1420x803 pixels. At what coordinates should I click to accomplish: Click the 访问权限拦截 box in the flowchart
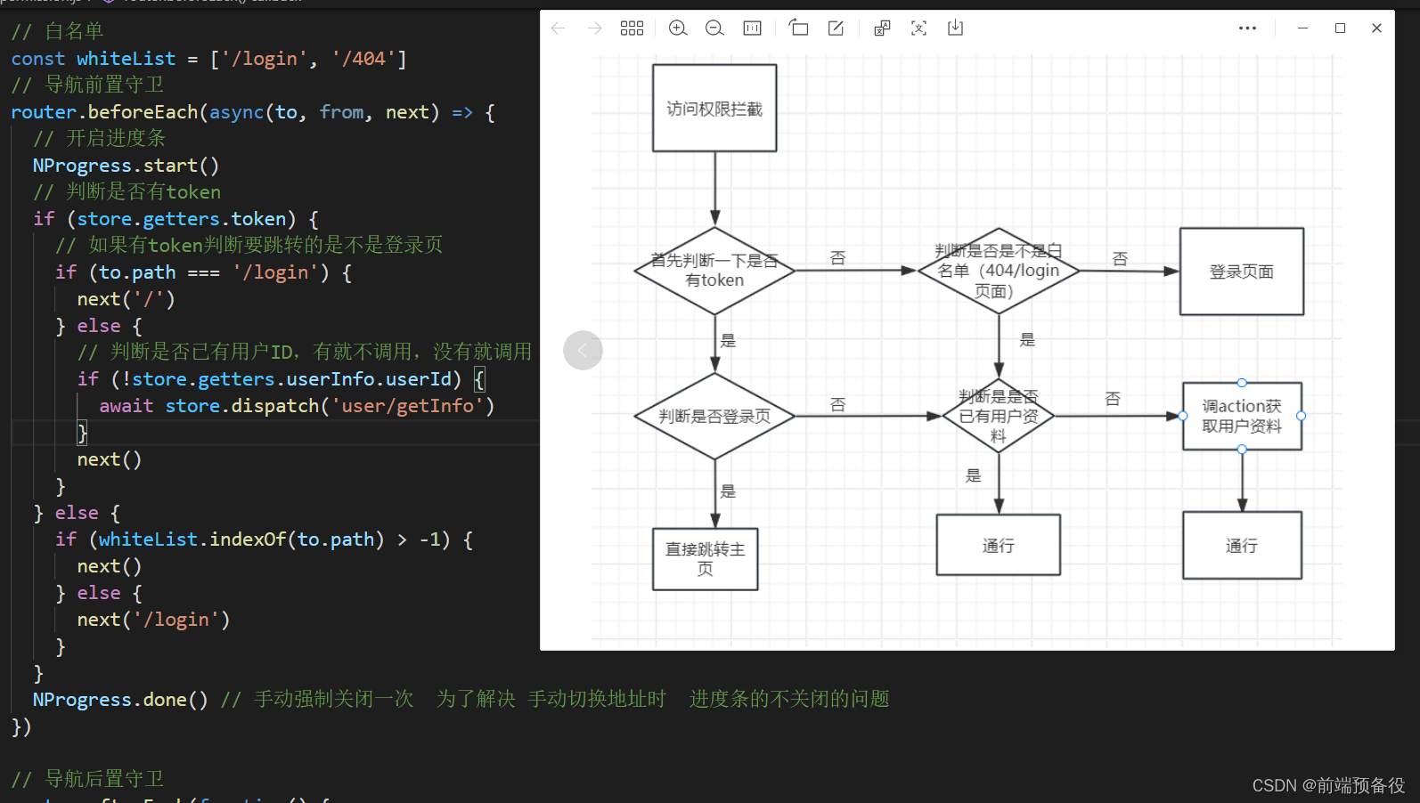[714, 109]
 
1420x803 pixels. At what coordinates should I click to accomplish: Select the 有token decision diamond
[714, 271]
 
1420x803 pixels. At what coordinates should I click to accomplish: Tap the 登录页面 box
[1241, 272]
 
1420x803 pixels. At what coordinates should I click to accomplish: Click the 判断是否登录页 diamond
[714, 416]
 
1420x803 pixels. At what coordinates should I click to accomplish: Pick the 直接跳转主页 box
[705, 559]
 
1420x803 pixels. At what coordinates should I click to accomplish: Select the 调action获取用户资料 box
[1242, 416]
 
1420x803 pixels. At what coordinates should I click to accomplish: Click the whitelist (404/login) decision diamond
[998, 271]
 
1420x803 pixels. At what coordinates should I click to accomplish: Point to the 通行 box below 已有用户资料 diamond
[998, 545]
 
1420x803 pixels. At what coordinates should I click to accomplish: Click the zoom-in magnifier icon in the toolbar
[678, 28]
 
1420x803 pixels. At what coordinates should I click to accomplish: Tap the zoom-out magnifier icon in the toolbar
[714, 28]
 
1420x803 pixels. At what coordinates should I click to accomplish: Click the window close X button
[1376, 28]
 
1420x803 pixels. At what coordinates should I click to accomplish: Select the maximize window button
[1340, 28]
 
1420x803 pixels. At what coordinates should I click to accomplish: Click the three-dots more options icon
[1247, 28]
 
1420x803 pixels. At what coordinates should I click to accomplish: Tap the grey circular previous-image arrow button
[583, 350]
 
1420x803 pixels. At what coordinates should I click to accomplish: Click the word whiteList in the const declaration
[126, 59]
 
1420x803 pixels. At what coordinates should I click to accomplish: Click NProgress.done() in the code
[119, 700]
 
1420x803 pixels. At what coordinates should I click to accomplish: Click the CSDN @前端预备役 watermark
[1327, 785]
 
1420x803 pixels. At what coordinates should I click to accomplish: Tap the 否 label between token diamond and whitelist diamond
[837, 258]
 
